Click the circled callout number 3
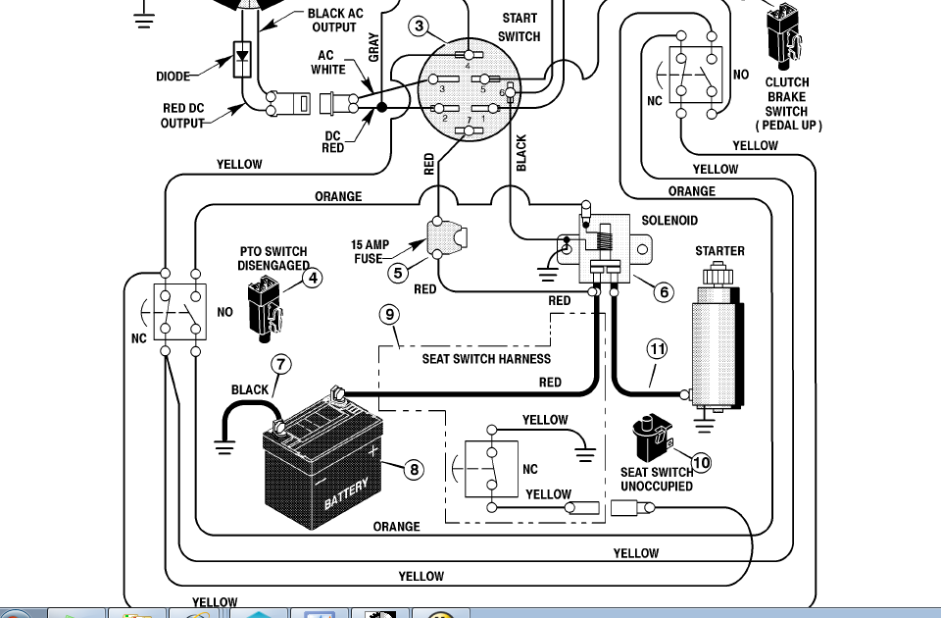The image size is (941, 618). click(420, 26)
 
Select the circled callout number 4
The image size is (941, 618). click(312, 278)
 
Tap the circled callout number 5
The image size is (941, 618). click(397, 273)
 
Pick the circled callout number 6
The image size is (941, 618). click(664, 291)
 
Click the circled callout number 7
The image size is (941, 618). click(281, 364)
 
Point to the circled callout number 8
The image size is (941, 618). click(415, 470)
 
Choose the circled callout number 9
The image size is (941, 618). click(390, 315)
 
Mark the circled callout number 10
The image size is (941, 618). click(701, 462)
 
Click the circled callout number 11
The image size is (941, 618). click(656, 348)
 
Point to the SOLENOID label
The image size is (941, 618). click(669, 221)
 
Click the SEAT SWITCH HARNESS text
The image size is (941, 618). click(486, 359)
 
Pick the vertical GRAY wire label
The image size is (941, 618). click(373, 47)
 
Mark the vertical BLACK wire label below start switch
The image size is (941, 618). click(521, 154)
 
